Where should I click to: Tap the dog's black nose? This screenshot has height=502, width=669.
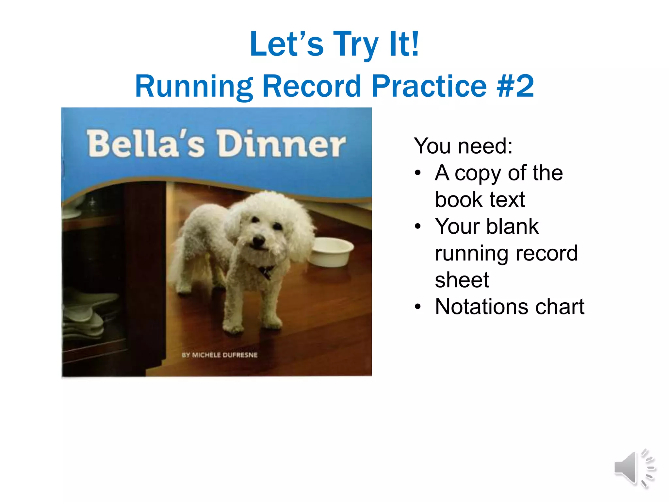[x=258, y=241]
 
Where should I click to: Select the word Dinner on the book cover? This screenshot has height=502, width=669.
[x=282, y=144]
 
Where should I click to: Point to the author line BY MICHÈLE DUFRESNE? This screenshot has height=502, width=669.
[x=220, y=355]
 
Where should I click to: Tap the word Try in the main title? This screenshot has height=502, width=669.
[x=355, y=44]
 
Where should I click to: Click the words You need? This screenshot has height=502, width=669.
[x=463, y=146]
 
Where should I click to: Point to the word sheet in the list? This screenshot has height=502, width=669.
[x=462, y=280]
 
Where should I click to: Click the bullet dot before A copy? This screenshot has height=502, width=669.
[x=418, y=173]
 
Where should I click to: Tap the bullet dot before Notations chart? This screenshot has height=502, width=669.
[x=418, y=307]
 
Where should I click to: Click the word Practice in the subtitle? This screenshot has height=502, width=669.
[x=429, y=86]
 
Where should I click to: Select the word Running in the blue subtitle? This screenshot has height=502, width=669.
[x=194, y=86]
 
